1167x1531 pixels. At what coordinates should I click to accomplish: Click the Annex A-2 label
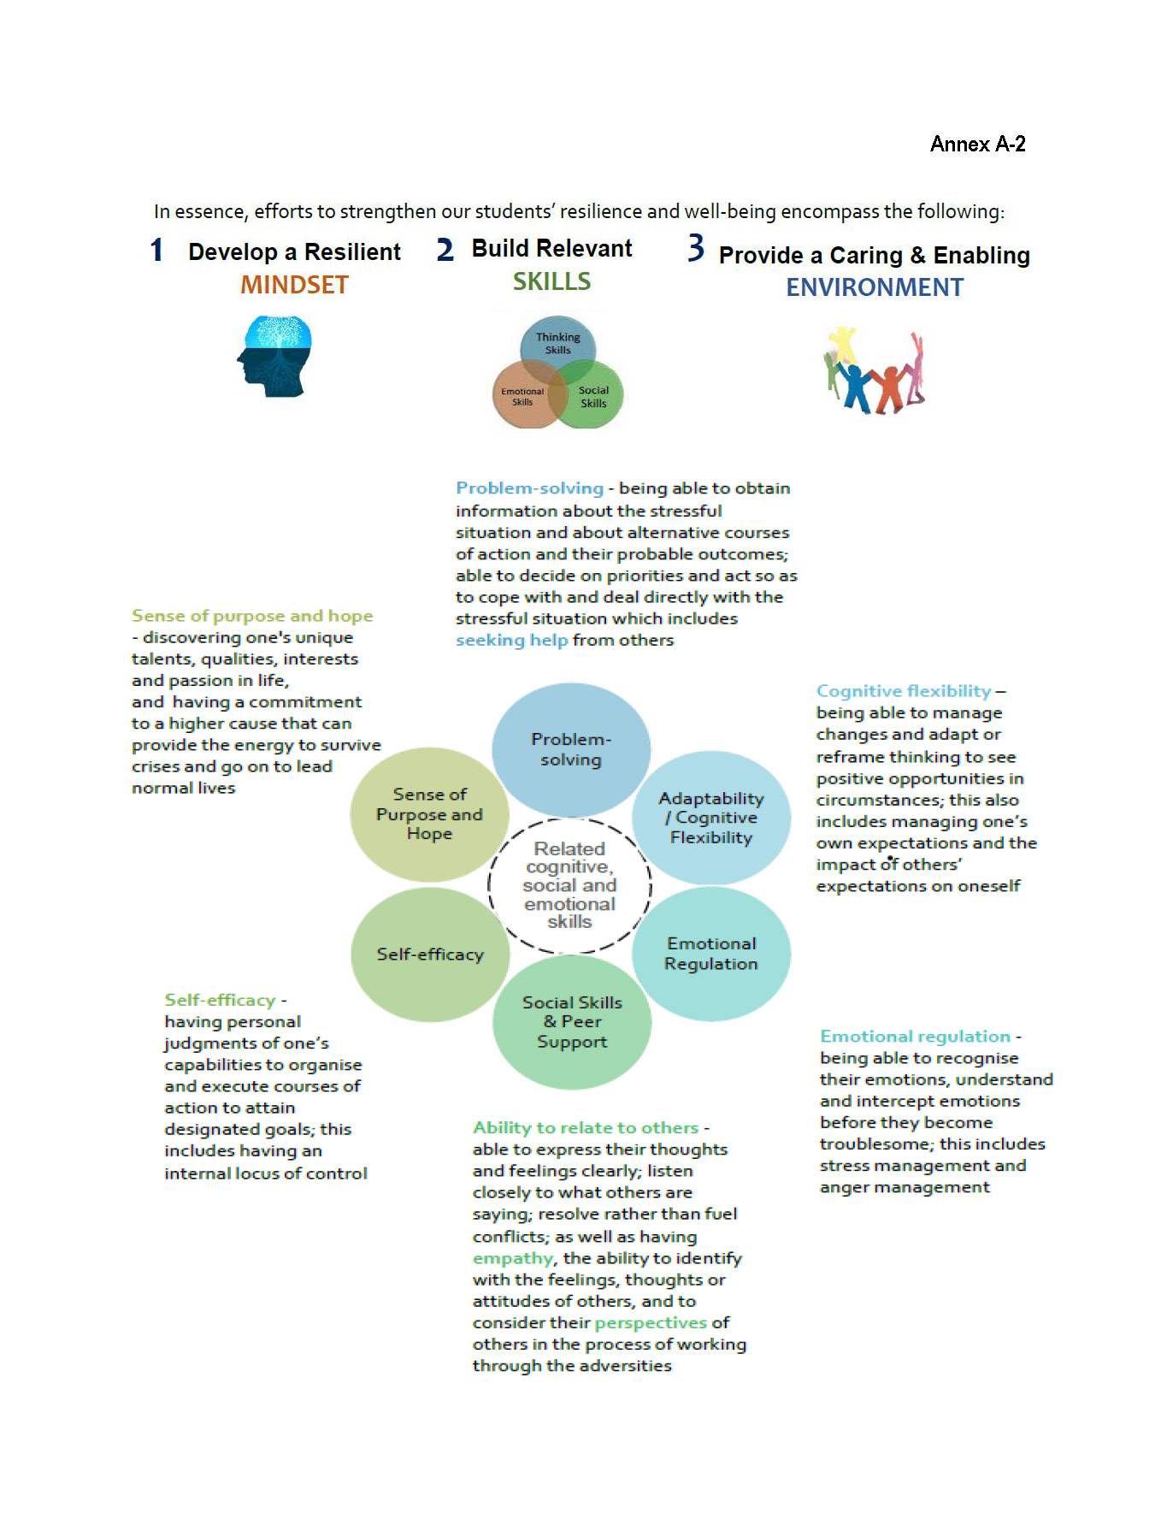(x=977, y=144)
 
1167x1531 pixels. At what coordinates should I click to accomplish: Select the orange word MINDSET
(x=294, y=285)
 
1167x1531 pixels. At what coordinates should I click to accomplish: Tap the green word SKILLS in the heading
(x=551, y=281)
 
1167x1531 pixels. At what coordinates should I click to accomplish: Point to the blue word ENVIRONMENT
(x=875, y=287)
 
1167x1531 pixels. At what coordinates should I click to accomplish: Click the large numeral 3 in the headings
(x=696, y=249)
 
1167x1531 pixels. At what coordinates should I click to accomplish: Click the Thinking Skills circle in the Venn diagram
(x=557, y=345)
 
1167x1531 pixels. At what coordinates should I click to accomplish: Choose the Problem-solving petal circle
(x=570, y=749)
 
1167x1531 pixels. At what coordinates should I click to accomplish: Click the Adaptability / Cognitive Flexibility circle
(x=710, y=818)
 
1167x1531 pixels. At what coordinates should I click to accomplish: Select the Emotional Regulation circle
(x=710, y=954)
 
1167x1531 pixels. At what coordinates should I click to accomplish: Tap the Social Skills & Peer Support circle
(x=571, y=1022)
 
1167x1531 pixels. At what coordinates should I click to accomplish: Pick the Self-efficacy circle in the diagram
(x=430, y=955)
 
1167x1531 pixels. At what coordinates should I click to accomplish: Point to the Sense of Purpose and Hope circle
(x=429, y=814)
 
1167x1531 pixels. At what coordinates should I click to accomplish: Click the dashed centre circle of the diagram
(x=569, y=885)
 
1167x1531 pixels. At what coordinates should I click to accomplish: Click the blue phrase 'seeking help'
(x=511, y=641)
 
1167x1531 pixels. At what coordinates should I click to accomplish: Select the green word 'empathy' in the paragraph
(x=513, y=1258)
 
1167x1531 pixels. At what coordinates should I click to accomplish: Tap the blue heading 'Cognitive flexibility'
(x=903, y=691)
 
